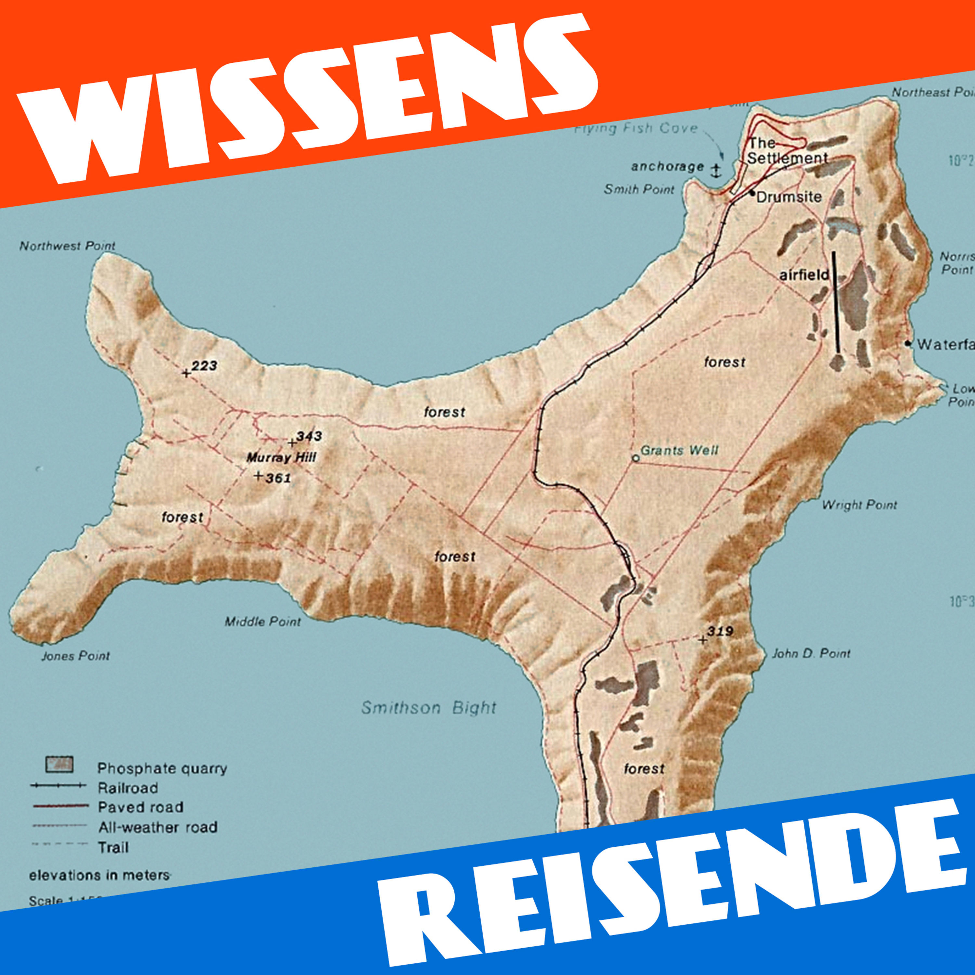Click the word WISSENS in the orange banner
coord(308,96)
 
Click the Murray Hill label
coord(281,458)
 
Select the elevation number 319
coord(720,631)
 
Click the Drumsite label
coord(789,197)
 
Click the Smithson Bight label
coord(428,708)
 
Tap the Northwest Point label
coord(67,246)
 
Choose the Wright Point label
coord(859,505)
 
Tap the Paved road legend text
coord(140,807)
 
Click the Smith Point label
coord(639,190)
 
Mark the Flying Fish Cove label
coord(636,129)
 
